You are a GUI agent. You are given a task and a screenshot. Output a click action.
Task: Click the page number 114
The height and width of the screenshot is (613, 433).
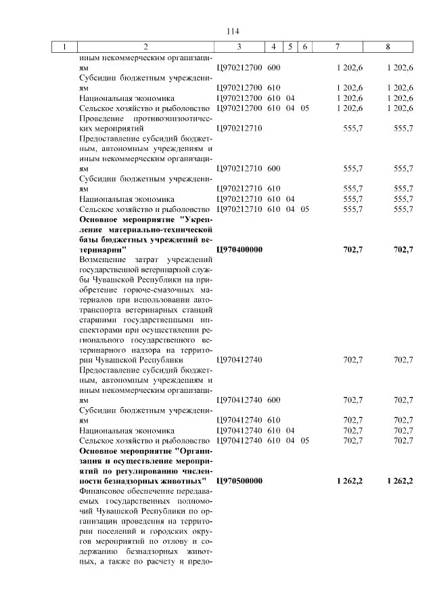(233, 31)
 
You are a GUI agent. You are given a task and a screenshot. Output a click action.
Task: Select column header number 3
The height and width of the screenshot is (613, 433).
(239, 47)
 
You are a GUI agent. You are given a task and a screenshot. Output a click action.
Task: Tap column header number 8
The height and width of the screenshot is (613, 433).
(388, 47)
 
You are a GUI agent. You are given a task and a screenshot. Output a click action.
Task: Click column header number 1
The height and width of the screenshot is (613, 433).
(64, 47)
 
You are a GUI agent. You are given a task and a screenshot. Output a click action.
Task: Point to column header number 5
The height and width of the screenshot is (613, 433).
(290, 47)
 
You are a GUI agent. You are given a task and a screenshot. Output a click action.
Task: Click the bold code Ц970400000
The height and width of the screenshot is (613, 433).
(239, 249)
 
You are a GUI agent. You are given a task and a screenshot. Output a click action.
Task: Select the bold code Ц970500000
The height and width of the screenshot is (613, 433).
(239, 480)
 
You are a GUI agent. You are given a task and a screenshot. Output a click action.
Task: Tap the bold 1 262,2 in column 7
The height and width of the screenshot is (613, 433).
(349, 480)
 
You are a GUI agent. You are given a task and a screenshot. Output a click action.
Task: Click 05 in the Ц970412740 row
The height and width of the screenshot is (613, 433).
(304, 440)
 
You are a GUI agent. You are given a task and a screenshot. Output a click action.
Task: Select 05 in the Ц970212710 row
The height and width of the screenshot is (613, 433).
(304, 209)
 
